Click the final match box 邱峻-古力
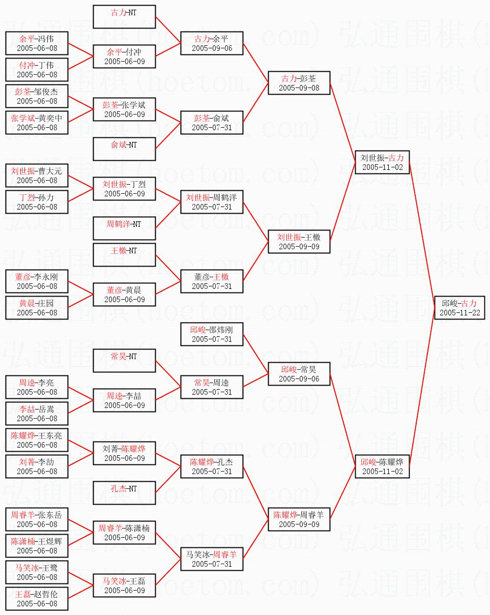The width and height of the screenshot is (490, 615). [459, 307]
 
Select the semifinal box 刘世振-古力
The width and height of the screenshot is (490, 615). [382, 162]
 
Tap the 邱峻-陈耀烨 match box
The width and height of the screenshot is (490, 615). [382, 466]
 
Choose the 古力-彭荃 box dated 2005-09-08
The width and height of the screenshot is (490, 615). [299, 82]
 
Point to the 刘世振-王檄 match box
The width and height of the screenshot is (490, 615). [299, 241]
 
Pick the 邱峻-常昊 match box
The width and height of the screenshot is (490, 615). [299, 373]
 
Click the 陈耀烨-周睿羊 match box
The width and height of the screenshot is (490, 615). [299, 519]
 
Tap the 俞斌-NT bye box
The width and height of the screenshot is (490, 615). [124, 149]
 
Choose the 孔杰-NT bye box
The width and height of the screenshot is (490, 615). [124, 492]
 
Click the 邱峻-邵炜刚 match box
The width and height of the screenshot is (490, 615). [212, 334]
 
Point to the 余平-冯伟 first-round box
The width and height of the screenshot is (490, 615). [37, 43]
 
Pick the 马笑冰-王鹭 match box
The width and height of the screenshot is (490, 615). [37, 572]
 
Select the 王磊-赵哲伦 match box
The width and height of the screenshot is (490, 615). [37, 598]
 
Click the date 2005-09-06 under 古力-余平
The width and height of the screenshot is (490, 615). [212, 48]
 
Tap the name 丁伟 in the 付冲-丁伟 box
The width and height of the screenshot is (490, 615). [45, 65]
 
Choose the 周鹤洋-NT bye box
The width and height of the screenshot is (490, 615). [124, 228]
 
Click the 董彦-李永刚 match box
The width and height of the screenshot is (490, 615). [37, 281]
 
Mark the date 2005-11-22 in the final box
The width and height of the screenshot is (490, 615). [459, 312]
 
